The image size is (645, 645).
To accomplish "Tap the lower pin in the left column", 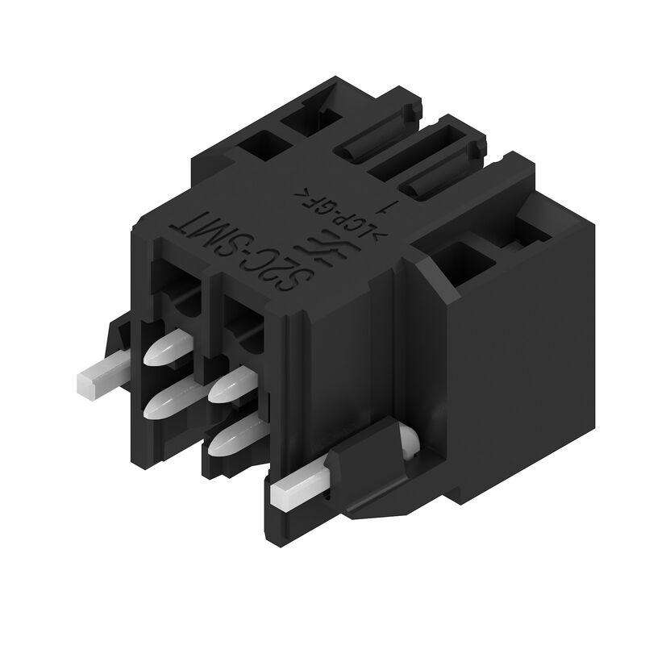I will click(x=165, y=397).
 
